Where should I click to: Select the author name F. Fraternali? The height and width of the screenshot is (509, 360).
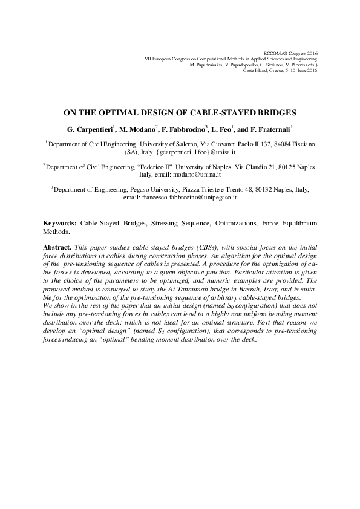[x=269, y=129]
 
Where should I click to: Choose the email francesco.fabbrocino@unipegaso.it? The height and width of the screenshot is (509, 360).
[x=189, y=197]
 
